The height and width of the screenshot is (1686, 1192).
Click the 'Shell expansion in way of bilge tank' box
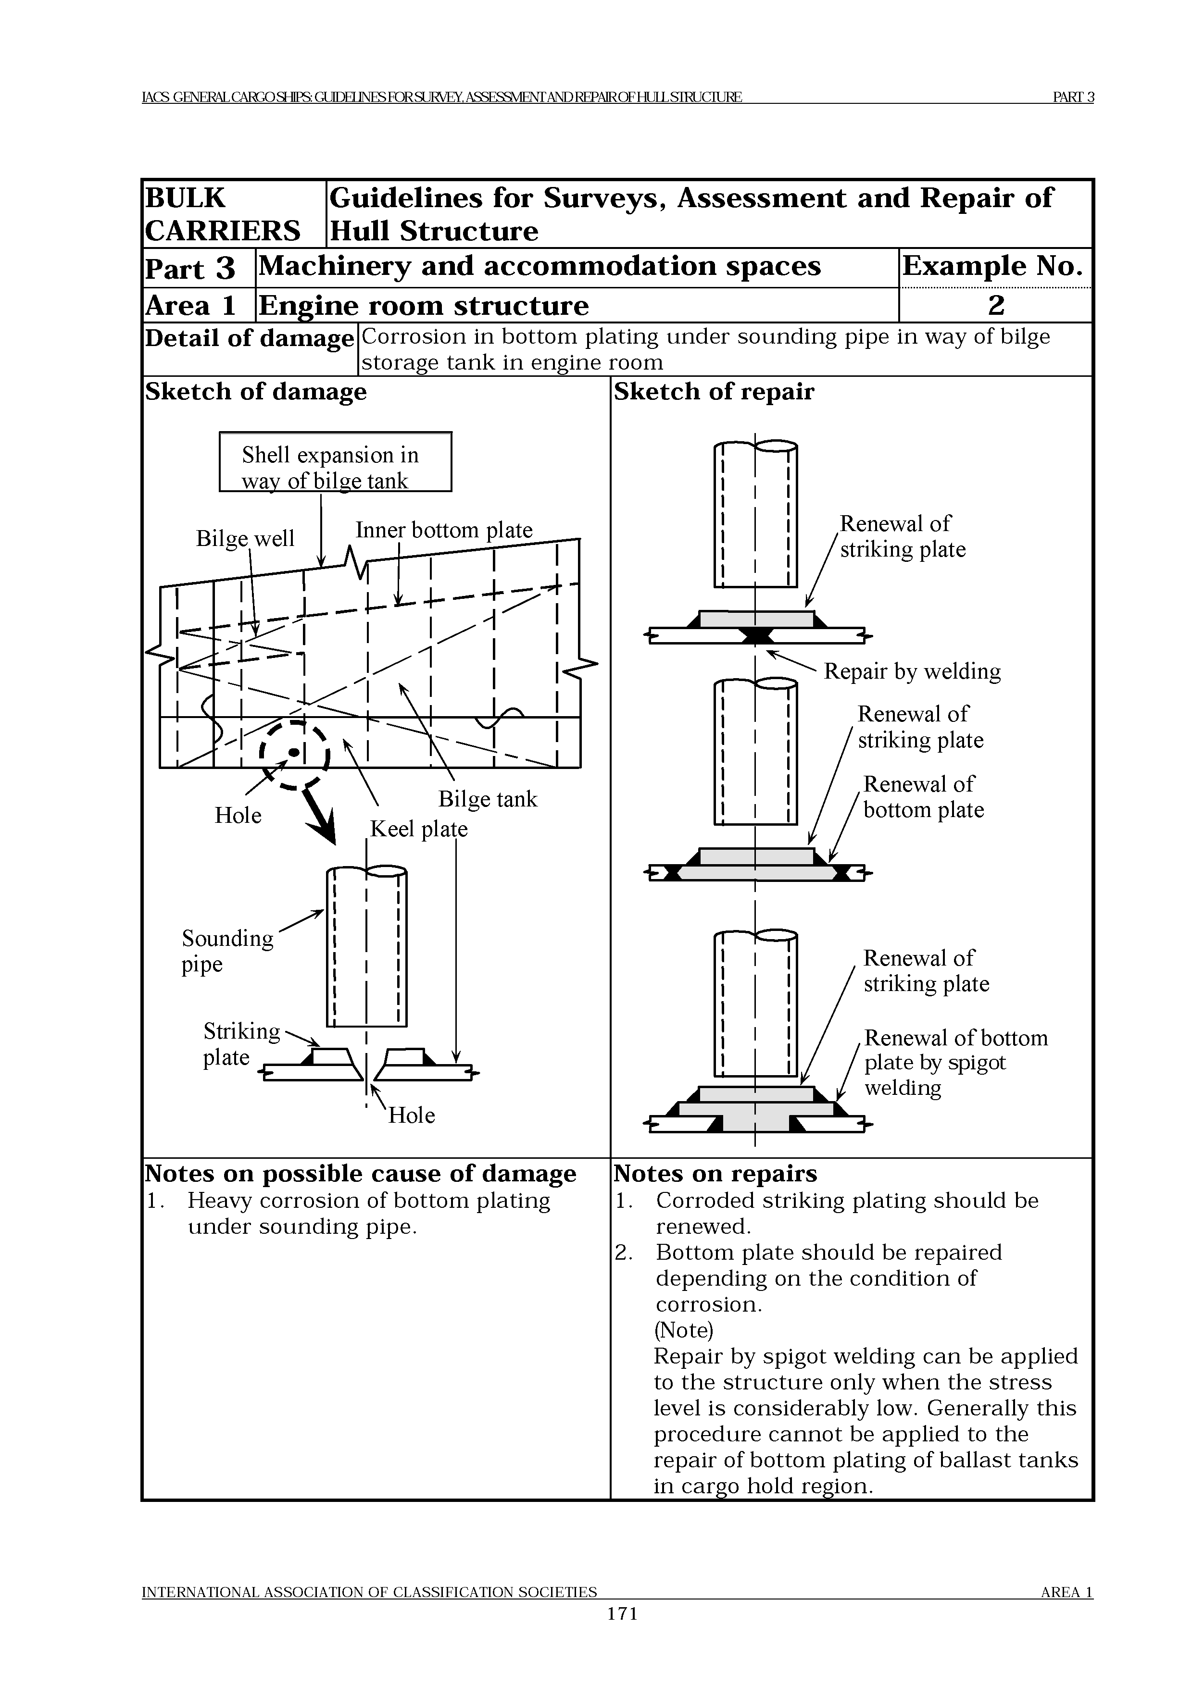(335, 462)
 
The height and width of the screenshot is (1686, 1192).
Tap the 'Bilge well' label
(245, 538)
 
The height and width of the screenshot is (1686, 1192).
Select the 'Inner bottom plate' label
(444, 530)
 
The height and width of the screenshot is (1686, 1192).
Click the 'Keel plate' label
(418, 829)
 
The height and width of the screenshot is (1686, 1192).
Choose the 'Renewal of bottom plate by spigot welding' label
(955, 1063)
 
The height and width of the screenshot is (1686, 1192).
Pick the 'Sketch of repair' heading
(714, 392)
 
